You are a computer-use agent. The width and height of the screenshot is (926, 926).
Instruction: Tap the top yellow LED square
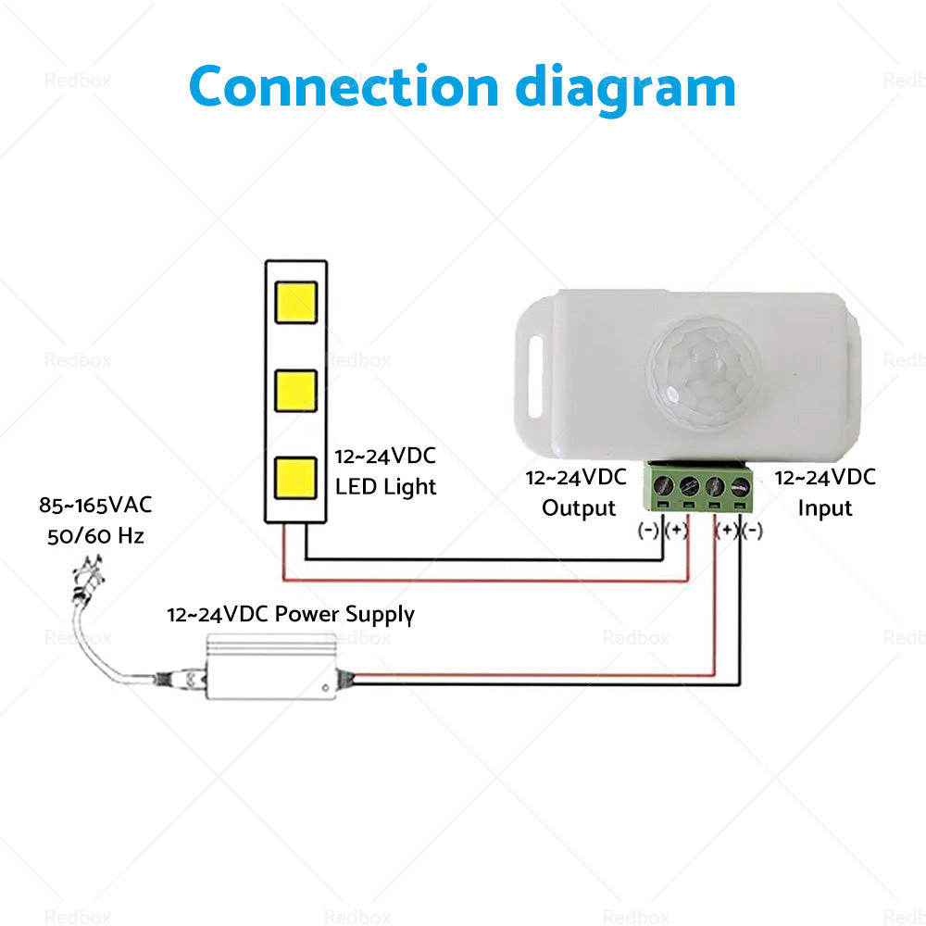tap(295, 302)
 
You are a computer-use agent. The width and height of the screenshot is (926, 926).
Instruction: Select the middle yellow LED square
tap(295, 390)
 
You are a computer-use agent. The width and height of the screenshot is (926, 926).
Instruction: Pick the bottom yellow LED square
tap(295, 477)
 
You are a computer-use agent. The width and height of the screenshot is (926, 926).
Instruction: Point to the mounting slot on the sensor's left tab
tap(535, 374)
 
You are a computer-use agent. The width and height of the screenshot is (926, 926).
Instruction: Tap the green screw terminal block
tap(701, 486)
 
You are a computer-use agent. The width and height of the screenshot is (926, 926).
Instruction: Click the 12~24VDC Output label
tap(576, 493)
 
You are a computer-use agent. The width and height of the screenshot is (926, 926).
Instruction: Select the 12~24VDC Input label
tap(824, 493)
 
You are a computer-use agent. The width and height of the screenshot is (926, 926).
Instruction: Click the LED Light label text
tap(385, 486)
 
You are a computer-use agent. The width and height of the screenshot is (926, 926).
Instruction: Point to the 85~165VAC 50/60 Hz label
tap(95, 520)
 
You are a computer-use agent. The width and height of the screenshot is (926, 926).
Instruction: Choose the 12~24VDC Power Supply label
tap(291, 614)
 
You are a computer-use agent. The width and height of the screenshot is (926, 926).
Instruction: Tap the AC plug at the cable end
tap(87, 575)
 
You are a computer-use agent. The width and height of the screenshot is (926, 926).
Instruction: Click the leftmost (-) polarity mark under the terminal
tap(649, 531)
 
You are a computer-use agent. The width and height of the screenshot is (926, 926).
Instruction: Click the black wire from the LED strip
tap(482, 560)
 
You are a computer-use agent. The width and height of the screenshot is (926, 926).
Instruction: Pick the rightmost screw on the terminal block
tap(739, 486)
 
